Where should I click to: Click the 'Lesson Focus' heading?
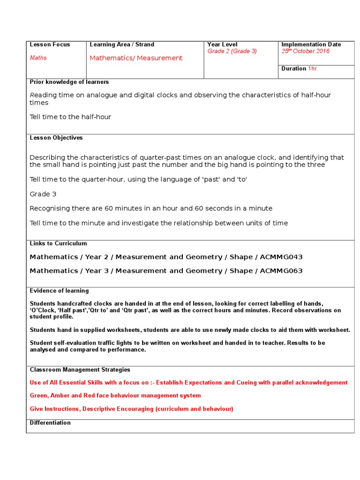pos(50,45)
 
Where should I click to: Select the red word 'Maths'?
pos(38,58)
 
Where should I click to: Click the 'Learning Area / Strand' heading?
pos(122,45)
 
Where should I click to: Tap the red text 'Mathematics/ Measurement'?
pos(136,58)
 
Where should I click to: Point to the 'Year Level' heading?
pos(222,45)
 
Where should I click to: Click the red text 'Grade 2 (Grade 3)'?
pos(232,51)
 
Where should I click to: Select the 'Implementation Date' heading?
pos(311,45)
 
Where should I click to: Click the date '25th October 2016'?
pos(305,51)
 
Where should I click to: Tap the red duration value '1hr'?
pos(313,68)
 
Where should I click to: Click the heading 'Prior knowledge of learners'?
pos(69,82)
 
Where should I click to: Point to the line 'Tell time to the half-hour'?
pos(70,117)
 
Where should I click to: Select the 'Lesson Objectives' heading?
pos(56,138)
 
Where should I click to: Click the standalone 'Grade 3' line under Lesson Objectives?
pos(43,194)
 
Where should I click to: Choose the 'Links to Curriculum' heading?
pos(58,244)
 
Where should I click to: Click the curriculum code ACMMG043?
pos(281,257)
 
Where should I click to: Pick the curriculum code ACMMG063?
pos(281,270)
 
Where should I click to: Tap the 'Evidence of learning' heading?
pos(59,291)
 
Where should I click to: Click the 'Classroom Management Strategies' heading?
pos(80,370)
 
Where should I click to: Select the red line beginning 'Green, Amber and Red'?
pos(115,396)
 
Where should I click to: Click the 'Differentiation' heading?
pos(50,423)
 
